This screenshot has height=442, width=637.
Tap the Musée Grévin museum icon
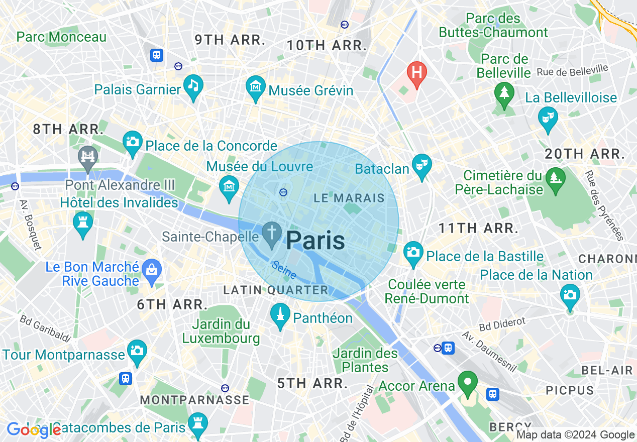(x=256, y=86)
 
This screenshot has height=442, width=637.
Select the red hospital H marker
(x=416, y=72)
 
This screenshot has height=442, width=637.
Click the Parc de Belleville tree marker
(x=503, y=93)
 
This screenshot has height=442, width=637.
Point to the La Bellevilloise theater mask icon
(x=548, y=118)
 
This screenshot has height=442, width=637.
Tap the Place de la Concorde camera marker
(x=133, y=141)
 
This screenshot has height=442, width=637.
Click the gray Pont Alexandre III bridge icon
(x=88, y=155)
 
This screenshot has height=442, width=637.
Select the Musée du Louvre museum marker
(x=230, y=186)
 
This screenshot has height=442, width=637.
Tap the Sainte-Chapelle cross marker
(x=272, y=233)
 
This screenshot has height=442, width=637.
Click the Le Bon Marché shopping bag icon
(x=151, y=270)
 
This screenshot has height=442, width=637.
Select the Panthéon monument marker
(x=280, y=314)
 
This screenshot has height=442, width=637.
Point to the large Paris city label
(x=315, y=241)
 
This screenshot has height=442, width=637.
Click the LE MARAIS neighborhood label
(x=349, y=198)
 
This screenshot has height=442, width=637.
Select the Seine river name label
(x=284, y=270)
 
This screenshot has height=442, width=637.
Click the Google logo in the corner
(x=33, y=429)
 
